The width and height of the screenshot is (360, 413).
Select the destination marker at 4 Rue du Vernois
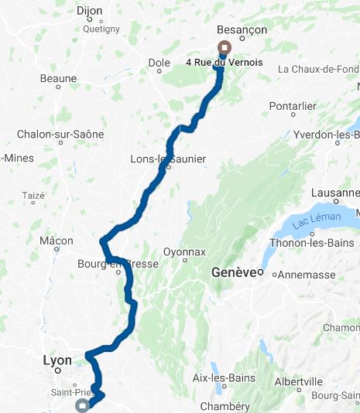(x=224, y=46)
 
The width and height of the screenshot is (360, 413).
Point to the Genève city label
(x=234, y=272)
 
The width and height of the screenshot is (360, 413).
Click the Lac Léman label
(x=317, y=219)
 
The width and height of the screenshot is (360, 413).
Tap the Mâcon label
(x=57, y=241)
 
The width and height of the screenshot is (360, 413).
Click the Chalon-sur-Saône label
(x=60, y=134)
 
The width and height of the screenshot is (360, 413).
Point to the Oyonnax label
(x=184, y=252)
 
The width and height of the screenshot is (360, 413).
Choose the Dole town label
(x=159, y=62)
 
